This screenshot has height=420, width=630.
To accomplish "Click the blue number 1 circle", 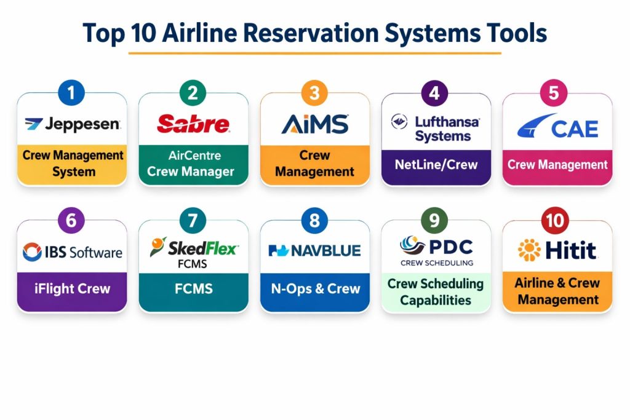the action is pyautogui.click(x=71, y=93).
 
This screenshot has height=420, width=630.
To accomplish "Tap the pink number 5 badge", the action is pyautogui.click(x=554, y=93).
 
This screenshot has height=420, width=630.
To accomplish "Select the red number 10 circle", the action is pyautogui.click(x=555, y=220).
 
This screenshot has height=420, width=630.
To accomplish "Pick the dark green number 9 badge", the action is pyautogui.click(x=434, y=220).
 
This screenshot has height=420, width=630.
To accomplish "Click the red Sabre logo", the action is pyautogui.click(x=193, y=124).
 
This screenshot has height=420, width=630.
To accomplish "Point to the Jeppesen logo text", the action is pyautogui.click(x=82, y=124).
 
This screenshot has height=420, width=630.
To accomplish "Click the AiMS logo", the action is pyautogui.click(x=315, y=124).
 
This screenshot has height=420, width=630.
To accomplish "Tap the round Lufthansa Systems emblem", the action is pyautogui.click(x=399, y=121).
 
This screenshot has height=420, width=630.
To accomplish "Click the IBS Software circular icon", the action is pyautogui.click(x=32, y=252).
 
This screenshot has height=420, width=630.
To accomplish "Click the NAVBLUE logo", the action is pyautogui.click(x=314, y=250).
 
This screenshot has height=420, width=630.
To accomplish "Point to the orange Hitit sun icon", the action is pyautogui.click(x=529, y=250).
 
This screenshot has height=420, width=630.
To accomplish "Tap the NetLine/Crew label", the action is pyautogui.click(x=436, y=165).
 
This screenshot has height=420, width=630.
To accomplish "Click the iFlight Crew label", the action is pyautogui.click(x=73, y=288).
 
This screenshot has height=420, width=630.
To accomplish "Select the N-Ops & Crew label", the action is pyautogui.click(x=316, y=288).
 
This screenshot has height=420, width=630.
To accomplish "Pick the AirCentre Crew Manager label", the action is pyautogui.click(x=191, y=164).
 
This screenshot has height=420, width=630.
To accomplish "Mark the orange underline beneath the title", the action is pyautogui.click(x=314, y=53).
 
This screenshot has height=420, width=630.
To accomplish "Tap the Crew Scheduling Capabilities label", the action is pyautogui.click(x=436, y=292).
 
